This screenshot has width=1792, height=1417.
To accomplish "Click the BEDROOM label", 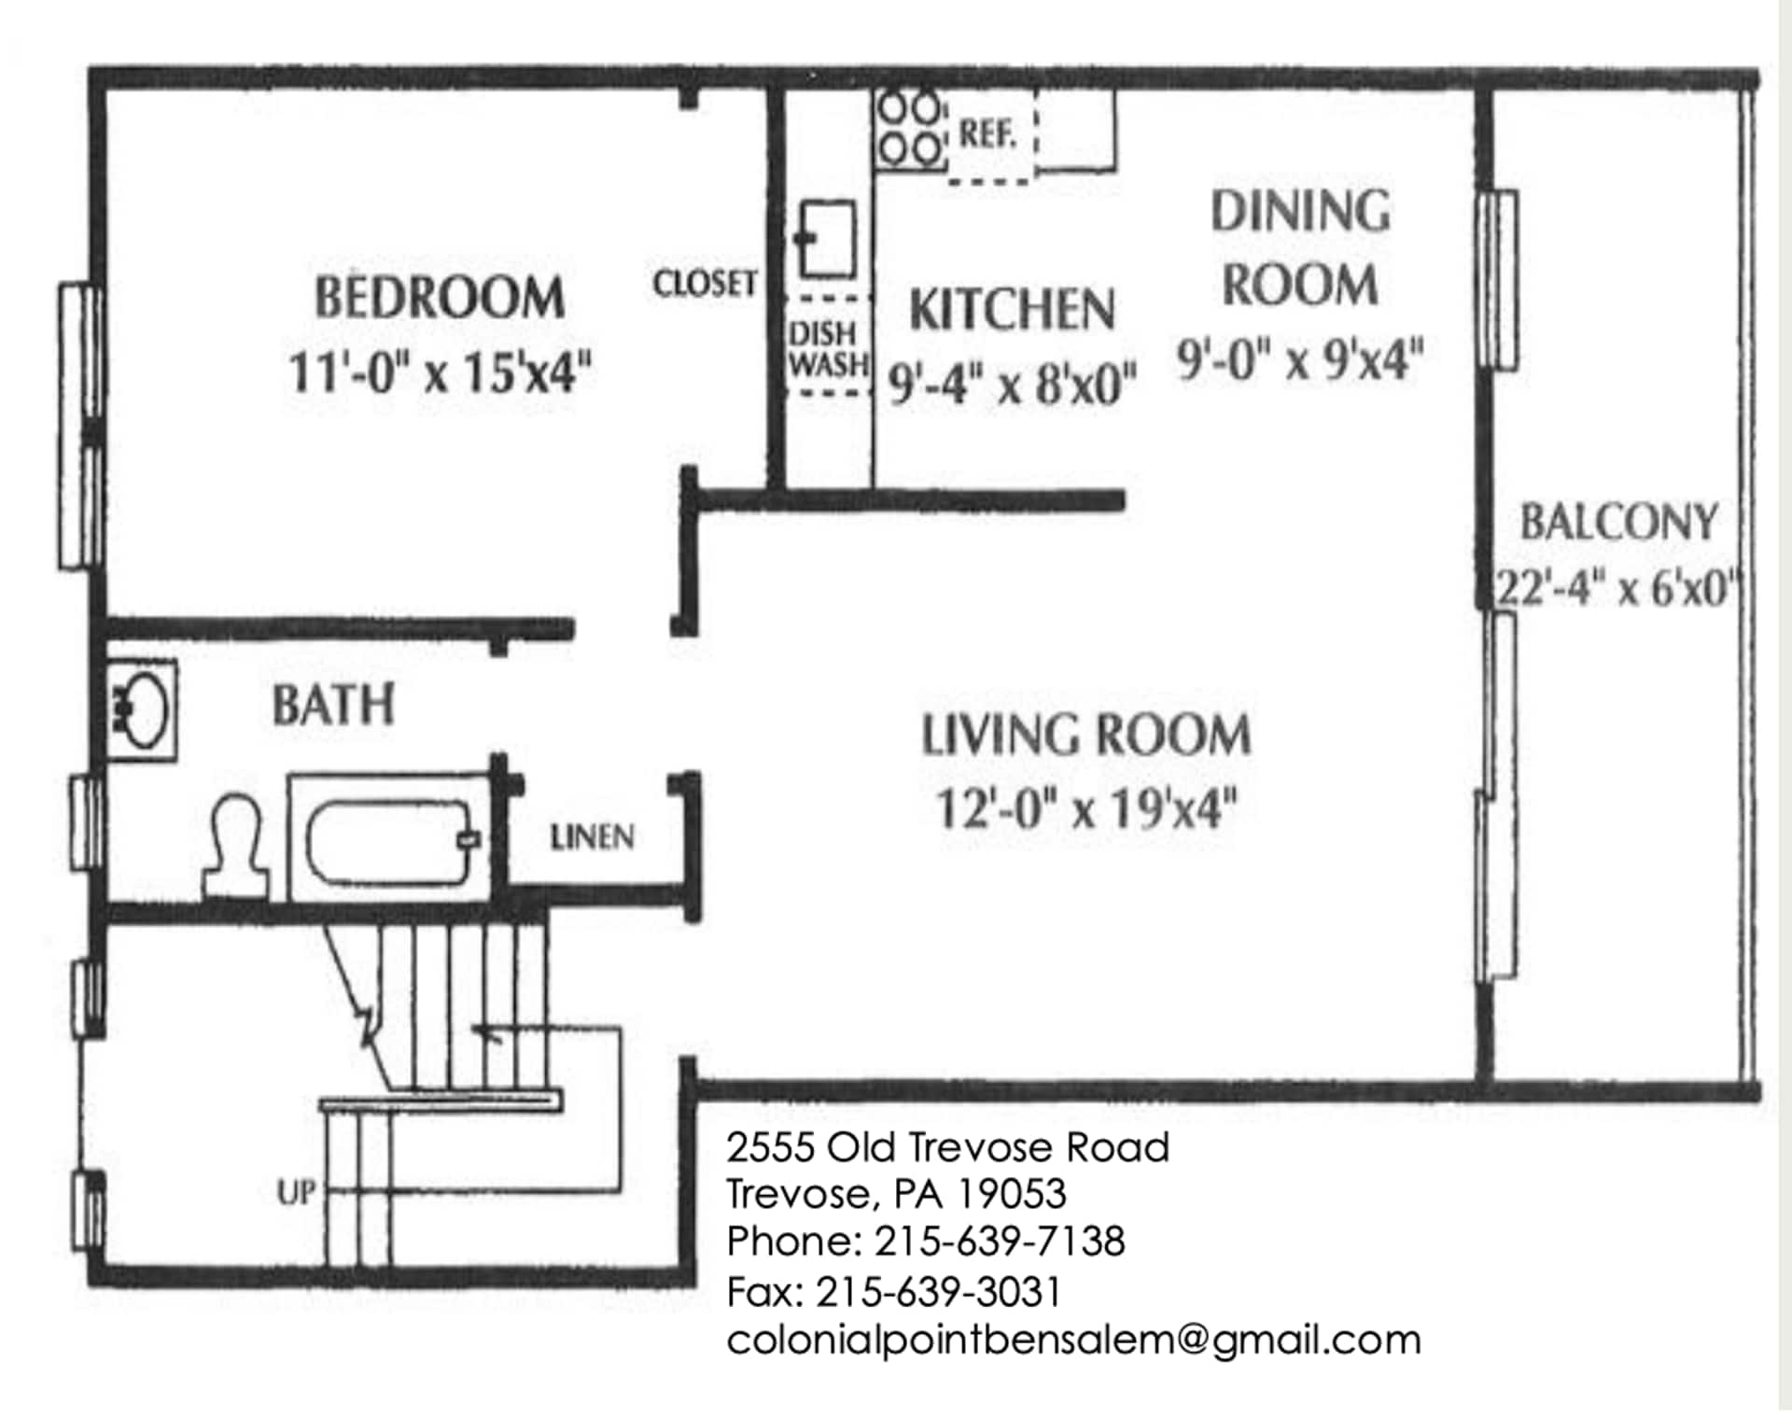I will (x=439, y=298).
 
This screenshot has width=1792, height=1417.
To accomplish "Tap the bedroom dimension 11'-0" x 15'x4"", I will (x=439, y=372).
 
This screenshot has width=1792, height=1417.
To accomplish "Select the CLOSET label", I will (x=704, y=283).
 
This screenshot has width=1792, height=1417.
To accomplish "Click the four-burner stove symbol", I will (x=910, y=129).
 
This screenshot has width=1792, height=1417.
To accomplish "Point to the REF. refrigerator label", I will (x=987, y=134).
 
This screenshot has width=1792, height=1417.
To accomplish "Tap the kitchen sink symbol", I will (x=825, y=239).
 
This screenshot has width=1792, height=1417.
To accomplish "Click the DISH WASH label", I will (x=827, y=349).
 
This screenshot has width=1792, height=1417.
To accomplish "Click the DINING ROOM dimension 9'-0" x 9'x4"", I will (x=1299, y=358).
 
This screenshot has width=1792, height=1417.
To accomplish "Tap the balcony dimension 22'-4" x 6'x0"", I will (x=1618, y=588).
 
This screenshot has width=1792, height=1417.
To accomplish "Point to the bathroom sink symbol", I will (x=142, y=711).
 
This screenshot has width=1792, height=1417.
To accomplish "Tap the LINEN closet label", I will (x=592, y=837).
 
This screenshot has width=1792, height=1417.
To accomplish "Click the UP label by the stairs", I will (x=297, y=1192).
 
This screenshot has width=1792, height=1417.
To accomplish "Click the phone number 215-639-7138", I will (x=999, y=1242).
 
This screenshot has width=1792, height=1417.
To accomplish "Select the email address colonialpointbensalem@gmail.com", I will (x=1073, y=1340).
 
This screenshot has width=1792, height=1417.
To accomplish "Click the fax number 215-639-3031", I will (x=938, y=1292).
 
